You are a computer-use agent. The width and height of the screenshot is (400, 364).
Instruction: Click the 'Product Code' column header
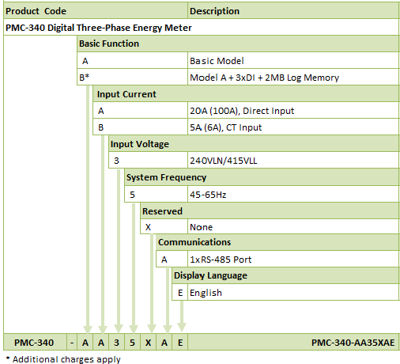[36, 11]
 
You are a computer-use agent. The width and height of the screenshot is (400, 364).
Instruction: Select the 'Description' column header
[214, 11]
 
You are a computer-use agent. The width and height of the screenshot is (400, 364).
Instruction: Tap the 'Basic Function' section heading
[109, 44]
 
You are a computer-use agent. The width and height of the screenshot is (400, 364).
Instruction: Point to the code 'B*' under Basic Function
[84, 78]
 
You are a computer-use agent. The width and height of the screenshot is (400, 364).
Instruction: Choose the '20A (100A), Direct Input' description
[242, 111]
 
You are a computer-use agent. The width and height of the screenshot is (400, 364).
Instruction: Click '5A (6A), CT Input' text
[225, 127]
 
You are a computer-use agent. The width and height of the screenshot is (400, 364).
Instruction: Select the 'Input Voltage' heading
[140, 144]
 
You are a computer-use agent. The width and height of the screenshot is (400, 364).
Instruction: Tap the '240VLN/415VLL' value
[224, 161]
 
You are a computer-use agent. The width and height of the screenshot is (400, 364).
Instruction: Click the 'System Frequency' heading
[166, 177]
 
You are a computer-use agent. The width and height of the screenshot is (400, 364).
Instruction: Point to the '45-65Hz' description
[208, 195]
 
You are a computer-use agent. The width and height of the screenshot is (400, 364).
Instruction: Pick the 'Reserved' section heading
[162, 211]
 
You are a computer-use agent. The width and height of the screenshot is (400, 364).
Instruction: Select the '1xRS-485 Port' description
[221, 260]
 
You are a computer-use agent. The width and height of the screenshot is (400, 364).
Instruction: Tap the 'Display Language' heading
[210, 275]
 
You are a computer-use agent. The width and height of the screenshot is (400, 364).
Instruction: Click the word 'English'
[206, 293]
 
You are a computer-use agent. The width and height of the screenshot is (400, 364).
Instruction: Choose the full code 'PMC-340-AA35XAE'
[353, 343]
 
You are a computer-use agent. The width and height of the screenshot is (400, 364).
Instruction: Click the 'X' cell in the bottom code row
[149, 343]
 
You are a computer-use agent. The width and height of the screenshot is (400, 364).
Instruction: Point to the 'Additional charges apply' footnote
[63, 359]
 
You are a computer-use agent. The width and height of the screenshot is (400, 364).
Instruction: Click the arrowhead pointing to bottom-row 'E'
[181, 328]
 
